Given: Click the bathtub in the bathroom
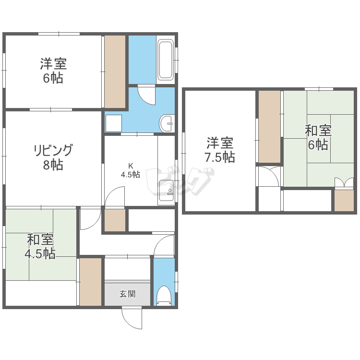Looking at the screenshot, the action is pos(166,60).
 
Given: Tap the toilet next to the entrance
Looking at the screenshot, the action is pos(164,296).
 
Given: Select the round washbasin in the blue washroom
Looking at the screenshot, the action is pos(167,123).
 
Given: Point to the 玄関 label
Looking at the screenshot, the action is pos(127,294).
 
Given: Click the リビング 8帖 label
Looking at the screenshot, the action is pos(53,157).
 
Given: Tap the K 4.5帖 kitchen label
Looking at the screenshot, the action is pos(131,170).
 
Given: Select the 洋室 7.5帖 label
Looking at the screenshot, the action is pos(220,150).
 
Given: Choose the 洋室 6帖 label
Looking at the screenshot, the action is pos(53,71).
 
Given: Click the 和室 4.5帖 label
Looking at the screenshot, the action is pos(40,246).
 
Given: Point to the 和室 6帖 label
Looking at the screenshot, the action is pos(318,137).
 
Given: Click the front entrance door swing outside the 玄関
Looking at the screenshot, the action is pos(132,319).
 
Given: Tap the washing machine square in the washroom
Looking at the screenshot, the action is pos(114,123).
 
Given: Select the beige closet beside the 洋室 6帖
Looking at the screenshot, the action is pos(115,71).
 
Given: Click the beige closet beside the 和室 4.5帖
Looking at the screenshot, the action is pos(90,282).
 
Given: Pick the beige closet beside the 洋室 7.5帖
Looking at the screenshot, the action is pos(270,127).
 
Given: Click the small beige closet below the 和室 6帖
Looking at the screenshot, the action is pos(344,201).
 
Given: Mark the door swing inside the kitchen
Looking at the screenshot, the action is pos(115,196).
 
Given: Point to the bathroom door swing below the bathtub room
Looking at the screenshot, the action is pos(146,95).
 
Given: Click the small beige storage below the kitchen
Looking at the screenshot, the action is pos(115,220).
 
